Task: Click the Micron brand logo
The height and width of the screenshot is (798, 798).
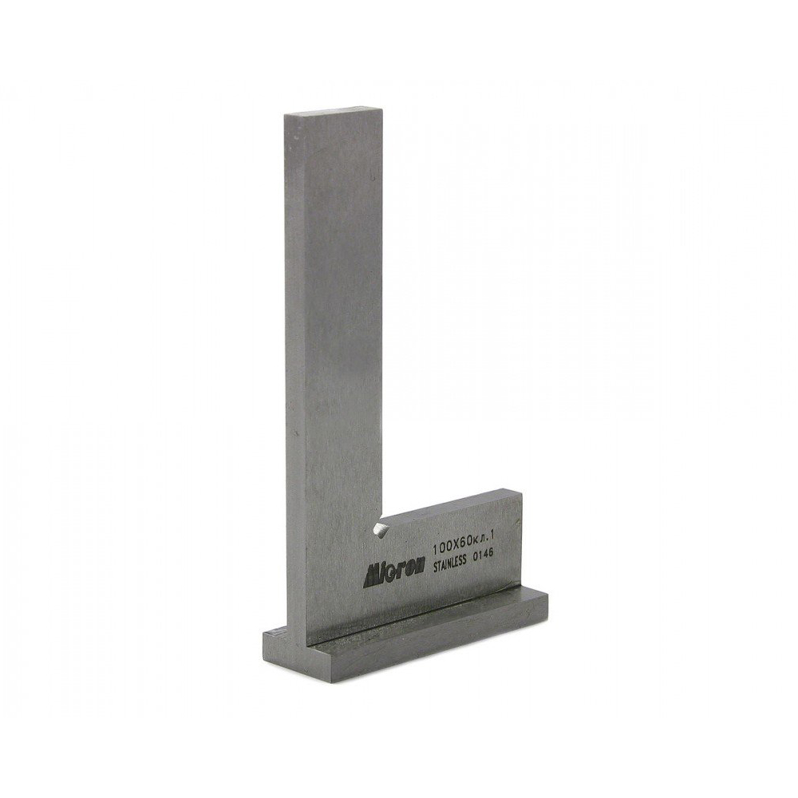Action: tap(393, 576)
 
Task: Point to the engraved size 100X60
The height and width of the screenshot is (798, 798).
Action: tap(451, 547)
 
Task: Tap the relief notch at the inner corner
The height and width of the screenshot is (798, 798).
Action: tap(379, 528)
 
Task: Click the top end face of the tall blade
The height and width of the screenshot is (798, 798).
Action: tap(334, 112)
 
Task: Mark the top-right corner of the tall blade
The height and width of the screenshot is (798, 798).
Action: tap(382, 108)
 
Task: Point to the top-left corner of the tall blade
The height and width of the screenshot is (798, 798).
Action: tap(285, 115)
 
